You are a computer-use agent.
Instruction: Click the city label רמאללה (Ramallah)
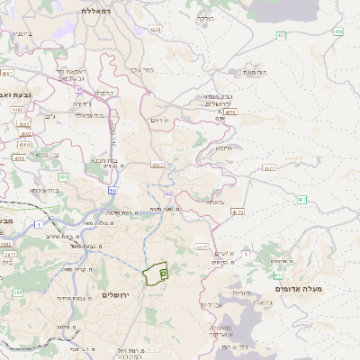94,10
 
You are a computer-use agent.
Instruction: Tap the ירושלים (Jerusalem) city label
116,295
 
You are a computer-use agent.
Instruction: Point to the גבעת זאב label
19,93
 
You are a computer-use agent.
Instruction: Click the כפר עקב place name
144,68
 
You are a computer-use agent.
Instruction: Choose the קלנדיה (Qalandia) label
106,92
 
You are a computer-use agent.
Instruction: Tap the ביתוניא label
18,34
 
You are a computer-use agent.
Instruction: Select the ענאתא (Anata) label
215,202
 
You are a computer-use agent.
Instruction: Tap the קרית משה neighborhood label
79,269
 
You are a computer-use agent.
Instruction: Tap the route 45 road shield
80,89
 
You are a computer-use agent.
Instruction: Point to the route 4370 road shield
237,212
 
